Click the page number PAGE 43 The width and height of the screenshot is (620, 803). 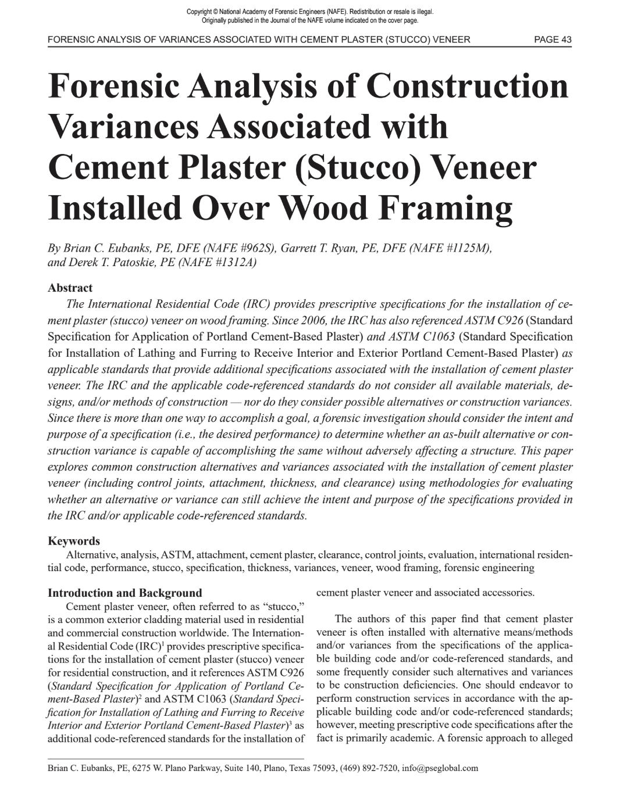pyautogui.click(x=553, y=40)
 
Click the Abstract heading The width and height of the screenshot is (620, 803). pyautogui.click(x=70, y=288)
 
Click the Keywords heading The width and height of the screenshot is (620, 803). pyautogui.click(x=73, y=541)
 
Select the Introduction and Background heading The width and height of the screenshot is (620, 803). pyautogui.click(x=124, y=593)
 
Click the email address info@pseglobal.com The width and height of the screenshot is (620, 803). pyautogui.click(x=440, y=768)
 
